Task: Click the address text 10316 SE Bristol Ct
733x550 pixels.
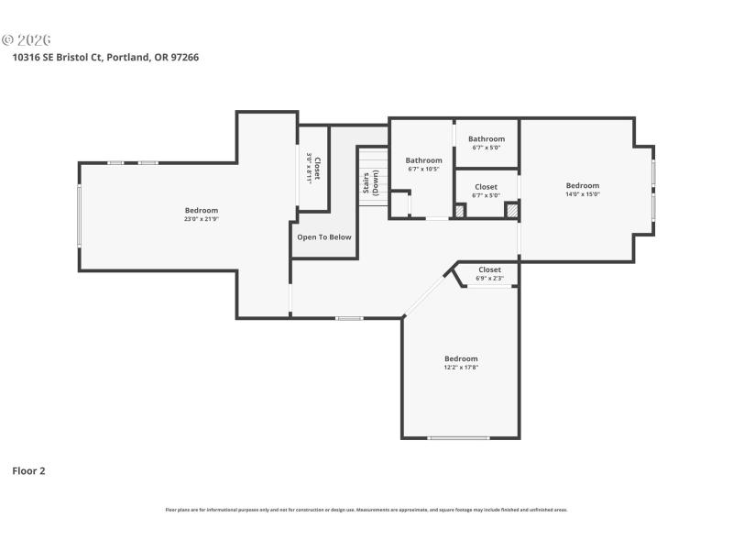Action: pos(57,57)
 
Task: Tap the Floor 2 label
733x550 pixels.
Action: pos(28,471)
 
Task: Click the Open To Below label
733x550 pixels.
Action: pos(323,237)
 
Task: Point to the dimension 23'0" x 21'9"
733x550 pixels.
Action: pos(201,220)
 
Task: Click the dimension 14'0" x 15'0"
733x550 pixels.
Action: pos(582,194)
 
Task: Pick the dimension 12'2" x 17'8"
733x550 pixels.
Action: pos(461,368)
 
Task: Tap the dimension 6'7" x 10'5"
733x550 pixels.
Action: pos(423,169)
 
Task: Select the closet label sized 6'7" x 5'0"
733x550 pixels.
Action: pos(486,187)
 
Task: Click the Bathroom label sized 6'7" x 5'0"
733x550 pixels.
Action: pos(487,139)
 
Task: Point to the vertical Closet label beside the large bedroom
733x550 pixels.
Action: pos(313,169)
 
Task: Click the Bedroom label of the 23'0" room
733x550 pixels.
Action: pos(201,211)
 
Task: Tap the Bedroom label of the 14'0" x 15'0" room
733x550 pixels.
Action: pos(582,185)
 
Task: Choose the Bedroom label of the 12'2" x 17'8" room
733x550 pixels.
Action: pos(461,358)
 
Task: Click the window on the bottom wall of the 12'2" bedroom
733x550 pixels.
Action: pos(458,438)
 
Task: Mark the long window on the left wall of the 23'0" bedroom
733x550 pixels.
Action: pos(80,215)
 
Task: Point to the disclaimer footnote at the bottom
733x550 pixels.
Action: pos(366,510)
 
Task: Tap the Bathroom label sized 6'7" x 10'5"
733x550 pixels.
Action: pos(423,160)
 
